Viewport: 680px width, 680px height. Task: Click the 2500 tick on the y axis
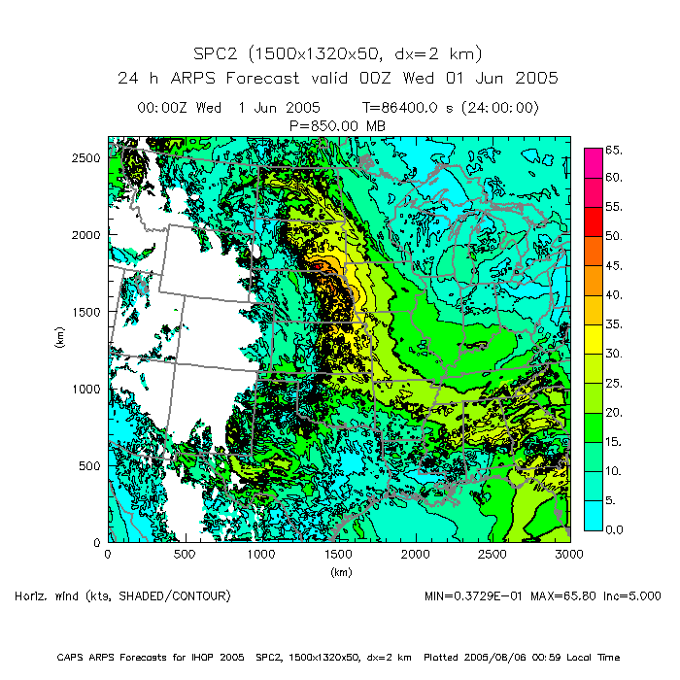pos(88,157)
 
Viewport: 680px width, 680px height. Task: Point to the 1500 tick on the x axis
pos(338,554)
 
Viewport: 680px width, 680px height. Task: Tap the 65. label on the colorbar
pos(613,150)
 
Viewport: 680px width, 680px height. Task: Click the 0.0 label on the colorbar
pos(614,529)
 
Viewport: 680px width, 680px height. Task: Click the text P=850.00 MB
pos(338,124)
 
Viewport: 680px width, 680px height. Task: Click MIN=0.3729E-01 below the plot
pos(470,595)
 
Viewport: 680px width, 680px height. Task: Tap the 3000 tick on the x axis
pos(569,554)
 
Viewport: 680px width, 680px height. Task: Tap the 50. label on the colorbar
pos(613,237)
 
